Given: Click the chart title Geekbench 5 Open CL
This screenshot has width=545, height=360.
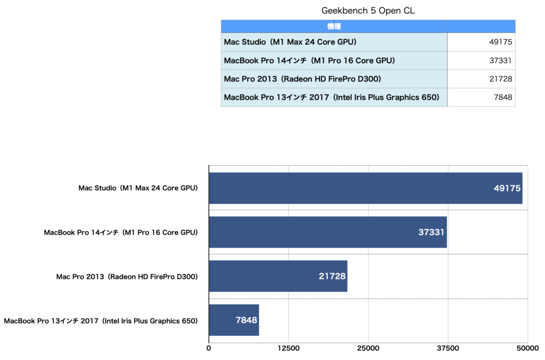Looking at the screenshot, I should tap(368, 11).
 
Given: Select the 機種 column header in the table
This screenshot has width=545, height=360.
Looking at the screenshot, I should tap(334, 26).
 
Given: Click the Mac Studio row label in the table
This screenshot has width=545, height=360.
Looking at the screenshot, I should tap(290, 42).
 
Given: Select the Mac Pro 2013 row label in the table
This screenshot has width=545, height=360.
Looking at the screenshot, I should tap(302, 79).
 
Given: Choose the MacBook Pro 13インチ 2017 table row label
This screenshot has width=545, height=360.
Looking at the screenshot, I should tap(331, 97).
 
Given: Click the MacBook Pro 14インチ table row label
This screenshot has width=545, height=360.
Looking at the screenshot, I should tap(309, 61).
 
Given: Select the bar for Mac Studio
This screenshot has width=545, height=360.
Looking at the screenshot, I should tap(365, 188).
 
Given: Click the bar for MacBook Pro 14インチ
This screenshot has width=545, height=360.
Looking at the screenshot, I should tap(327, 232).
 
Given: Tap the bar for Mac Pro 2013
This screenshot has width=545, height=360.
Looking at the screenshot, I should tap(278, 276).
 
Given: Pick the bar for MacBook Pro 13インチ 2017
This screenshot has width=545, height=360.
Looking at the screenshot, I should tap(234, 320).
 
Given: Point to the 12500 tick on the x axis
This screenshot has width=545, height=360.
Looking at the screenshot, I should tap(288, 348).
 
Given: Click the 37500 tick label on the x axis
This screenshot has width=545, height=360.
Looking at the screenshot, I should tap(448, 348).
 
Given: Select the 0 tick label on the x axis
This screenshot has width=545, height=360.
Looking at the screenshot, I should tap(209, 348).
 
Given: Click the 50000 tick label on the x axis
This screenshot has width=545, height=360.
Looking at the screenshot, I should tap(527, 348).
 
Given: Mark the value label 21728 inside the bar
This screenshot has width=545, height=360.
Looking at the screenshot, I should tap(332, 276).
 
